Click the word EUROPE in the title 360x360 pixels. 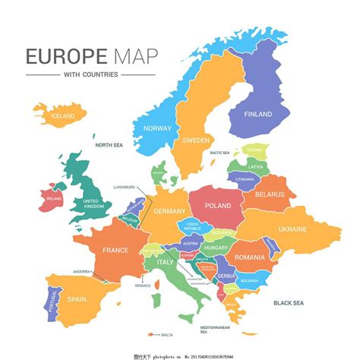click(x=57, y=57)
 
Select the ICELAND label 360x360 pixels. click(x=62, y=116)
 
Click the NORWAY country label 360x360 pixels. click(x=157, y=128)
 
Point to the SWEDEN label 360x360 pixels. click(x=196, y=141)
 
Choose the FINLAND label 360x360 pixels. click(x=257, y=114)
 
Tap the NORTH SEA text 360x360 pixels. click(x=109, y=144)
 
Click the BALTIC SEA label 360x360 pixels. click(x=219, y=153)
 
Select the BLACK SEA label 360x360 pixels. click(x=288, y=302)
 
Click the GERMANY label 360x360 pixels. click(x=169, y=212)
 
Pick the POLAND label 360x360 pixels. click(x=218, y=206)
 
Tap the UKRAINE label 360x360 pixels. click(x=292, y=229)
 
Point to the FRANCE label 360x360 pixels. click(x=115, y=250)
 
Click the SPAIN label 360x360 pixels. click(x=77, y=299)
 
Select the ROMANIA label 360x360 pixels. click(x=249, y=257)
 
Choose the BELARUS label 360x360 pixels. click(x=270, y=194)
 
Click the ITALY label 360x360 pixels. click(x=165, y=262)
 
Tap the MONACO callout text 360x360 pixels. click(x=143, y=286)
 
